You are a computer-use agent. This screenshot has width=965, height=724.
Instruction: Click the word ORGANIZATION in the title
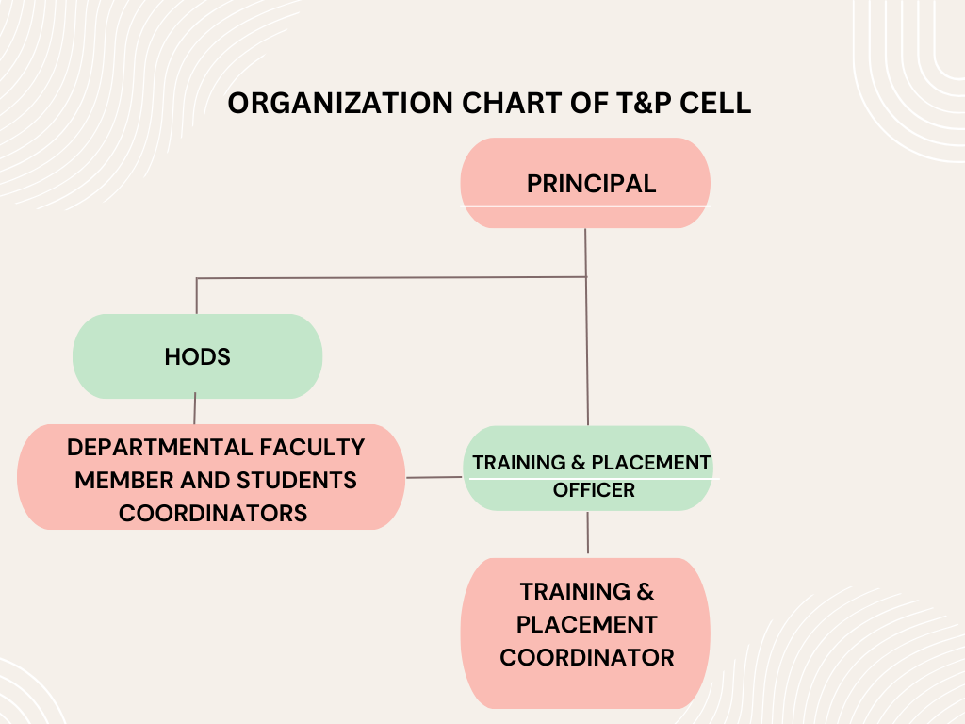(x=340, y=103)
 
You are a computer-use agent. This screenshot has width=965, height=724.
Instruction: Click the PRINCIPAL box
(x=585, y=183)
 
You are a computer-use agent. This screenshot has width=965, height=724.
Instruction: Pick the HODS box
(x=198, y=356)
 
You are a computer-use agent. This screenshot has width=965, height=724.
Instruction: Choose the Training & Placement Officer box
(x=588, y=468)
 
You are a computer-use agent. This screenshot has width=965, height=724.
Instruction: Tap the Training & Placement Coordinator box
(x=585, y=633)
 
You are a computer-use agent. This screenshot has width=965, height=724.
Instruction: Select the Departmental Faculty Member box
(x=211, y=477)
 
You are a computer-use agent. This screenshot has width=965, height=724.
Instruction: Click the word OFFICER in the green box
(x=594, y=490)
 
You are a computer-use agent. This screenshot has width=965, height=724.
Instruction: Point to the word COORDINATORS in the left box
(x=213, y=514)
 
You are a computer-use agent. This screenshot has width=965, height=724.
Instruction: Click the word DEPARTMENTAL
(x=159, y=448)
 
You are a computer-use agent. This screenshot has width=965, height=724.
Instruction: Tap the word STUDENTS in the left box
(x=297, y=480)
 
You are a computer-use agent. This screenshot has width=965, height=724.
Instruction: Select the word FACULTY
(x=312, y=448)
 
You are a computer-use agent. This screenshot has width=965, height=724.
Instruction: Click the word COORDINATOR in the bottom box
(x=587, y=657)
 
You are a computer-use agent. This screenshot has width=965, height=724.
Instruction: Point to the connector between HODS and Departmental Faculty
(x=195, y=408)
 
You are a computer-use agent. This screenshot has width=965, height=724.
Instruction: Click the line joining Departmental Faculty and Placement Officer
(x=433, y=477)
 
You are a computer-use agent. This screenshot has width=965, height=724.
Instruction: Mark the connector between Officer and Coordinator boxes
(x=588, y=533)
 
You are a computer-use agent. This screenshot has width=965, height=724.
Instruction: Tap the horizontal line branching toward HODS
(x=391, y=278)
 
